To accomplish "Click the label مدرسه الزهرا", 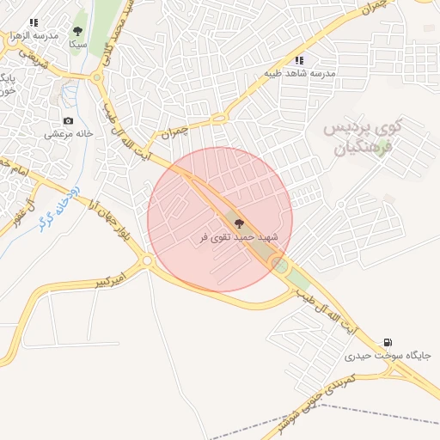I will coord(32,36).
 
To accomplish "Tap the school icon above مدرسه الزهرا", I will coord(33,22).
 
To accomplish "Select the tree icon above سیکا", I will coord(78,31).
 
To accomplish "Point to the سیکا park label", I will coord(77,43).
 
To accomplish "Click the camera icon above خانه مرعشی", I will coord(68,121).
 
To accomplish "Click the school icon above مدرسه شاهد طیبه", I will coord(299,60).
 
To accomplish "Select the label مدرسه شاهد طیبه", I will coord(299,74).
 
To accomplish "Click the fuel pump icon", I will coord(391,342).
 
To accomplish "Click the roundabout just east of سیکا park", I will coord(98,77).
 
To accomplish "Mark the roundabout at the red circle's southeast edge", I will coord(279,264).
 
